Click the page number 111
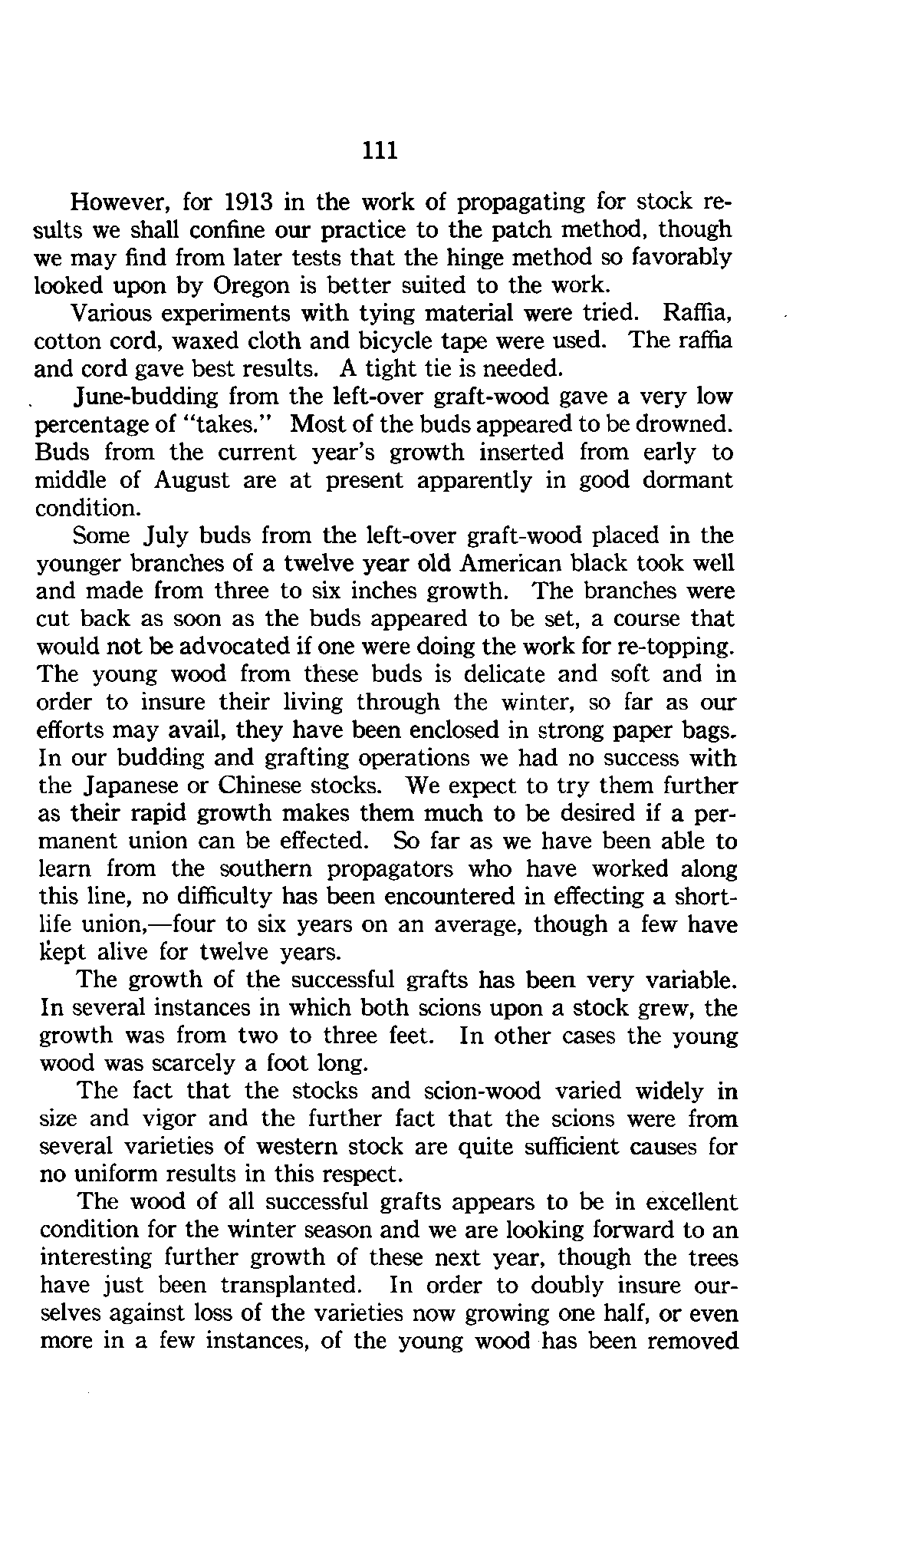pos(380,150)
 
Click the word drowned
pos(679,424)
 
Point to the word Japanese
pos(151,786)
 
